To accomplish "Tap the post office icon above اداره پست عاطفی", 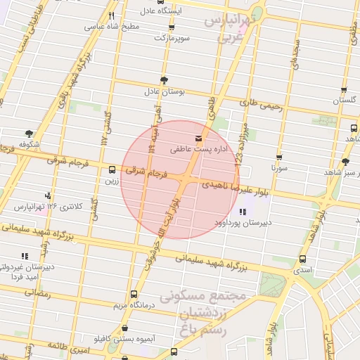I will [198, 138].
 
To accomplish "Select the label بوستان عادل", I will [164, 91].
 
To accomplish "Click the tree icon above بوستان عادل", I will [164, 80].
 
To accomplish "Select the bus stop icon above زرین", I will [112, 169].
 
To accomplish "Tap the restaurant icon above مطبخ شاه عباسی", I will [111, 15].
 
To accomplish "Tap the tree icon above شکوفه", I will [29, 132].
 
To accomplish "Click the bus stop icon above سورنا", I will [279, 157].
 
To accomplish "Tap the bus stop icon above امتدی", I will [302, 259].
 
